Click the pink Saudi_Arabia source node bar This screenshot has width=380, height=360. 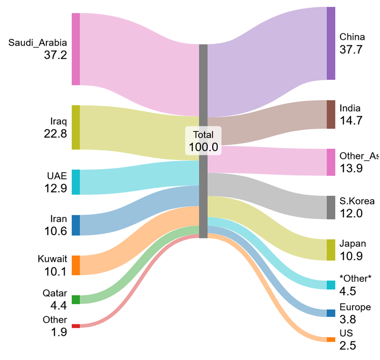tap(76, 49)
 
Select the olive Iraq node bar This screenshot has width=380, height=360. tap(76, 127)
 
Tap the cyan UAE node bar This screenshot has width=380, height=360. tap(76, 182)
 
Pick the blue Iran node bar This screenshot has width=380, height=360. tap(76, 225)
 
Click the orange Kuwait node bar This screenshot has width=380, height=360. tap(76, 265)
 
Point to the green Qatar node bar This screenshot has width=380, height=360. tap(76, 300)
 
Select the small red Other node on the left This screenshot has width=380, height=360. tap(76, 326)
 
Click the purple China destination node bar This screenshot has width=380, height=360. tap(330, 43)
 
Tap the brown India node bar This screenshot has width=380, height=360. tap(330, 115)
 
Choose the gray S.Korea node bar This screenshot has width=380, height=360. tap(330, 208)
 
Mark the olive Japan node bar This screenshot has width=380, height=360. tap(330, 250)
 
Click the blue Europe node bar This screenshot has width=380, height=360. tap(330, 313)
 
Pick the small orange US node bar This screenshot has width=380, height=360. tap(330, 340)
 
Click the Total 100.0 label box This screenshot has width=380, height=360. tap(204, 141)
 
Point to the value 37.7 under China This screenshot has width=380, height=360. tap(351, 49)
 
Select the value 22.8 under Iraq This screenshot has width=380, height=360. tap(55, 134)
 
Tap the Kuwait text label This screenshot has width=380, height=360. tap(53, 259)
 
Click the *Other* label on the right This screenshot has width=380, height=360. tap(356, 279)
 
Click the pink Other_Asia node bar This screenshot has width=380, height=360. tap(330, 162)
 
